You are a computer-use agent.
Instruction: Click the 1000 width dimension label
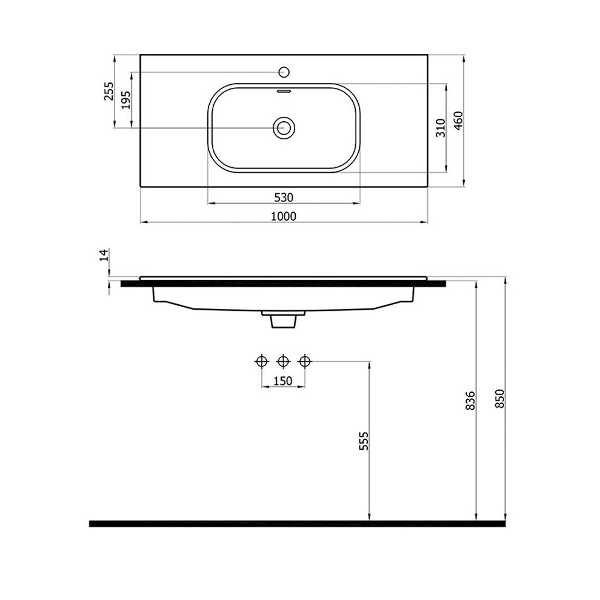pyautogui.click(x=284, y=216)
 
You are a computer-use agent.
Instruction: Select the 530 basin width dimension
pyautogui.click(x=284, y=198)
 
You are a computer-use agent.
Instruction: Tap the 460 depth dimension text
pyautogui.click(x=458, y=121)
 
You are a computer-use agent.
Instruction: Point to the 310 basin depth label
pyautogui.click(x=441, y=128)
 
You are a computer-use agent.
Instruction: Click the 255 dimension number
pyautogui.click(x=108, y=91)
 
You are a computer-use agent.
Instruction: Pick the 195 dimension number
pyautogui.click(x=126, y=100)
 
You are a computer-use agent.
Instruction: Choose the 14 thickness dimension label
pyautogui.click(x=104, y=255)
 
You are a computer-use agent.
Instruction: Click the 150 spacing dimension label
pyautogui.click(x=283, y=381)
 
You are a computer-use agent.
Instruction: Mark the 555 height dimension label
pyautogui.click(x=364, y=441)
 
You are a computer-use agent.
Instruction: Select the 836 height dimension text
pyautogui.click(x=470, y=401)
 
